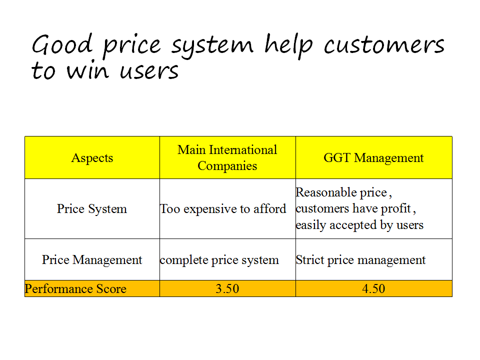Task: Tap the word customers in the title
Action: coord(384,45)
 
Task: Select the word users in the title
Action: coord(149,71)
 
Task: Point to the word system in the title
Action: coord(212,47)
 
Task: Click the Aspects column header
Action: coord(92,158)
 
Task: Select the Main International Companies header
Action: coord(227,157)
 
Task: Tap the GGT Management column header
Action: coord(373,158)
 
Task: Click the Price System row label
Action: coord(92,209)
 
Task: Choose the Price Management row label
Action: coord(92,260)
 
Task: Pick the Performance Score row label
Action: coord(75,288)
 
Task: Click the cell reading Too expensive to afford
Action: coord(223,209)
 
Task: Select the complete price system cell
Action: coord(219,260)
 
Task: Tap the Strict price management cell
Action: coord(360,260)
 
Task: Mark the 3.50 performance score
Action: coord(227,288)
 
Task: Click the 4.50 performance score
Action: coord(373,288)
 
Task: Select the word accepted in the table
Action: coord(353,225)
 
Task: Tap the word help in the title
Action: coord(288,46)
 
